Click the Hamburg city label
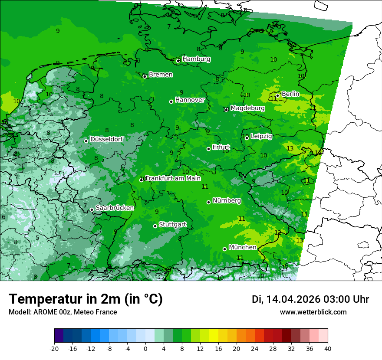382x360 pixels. (x=196, y=59)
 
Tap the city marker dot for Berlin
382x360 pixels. (x=277, y=96)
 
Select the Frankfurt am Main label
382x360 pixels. (x=173, y=178)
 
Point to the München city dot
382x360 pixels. (x=224, y=249)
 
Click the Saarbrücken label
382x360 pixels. (x=115, y=208)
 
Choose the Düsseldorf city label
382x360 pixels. (x=106, y=139)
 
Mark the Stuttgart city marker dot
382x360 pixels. (x=155, y=226)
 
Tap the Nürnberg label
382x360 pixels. (x=227, y=201)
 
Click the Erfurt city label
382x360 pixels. (x=221, y=147)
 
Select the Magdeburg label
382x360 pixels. (x=247, y=108)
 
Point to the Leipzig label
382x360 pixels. (x=261, y=136)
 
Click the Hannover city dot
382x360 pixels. (x=171, y=101)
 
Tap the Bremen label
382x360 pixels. (x=161, y=75)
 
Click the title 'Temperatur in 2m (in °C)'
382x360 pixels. (x=86, y=299)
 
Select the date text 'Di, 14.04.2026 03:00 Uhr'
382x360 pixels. (x=310, y=299)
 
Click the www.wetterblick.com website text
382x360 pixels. (x=313, y=312)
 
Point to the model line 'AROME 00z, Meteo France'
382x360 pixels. (x=63, y=312)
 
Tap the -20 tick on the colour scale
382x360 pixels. (x=54, y=348)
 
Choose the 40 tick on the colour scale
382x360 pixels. (x=327, y=348)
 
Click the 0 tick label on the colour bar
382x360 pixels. (x=145, y=348)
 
